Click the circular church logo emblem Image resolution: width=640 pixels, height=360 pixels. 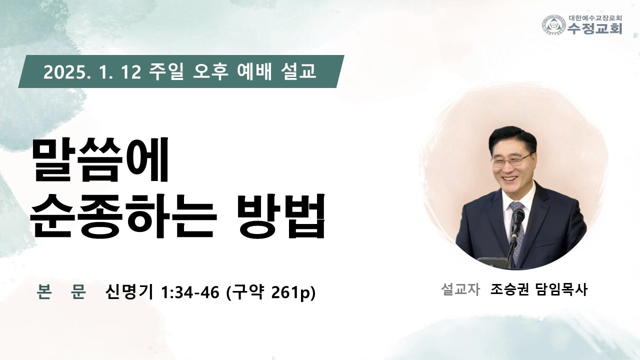click(554, 25)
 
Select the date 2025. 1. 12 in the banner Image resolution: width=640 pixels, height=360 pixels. click(92, 71)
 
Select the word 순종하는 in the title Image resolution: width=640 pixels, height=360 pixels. click(123, 216)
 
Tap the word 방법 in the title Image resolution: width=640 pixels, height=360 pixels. click(281, 216)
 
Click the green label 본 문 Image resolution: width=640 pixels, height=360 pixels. click(61, 291)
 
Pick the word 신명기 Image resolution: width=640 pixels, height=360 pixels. click(129, 291)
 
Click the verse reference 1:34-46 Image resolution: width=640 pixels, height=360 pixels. click(190, 292)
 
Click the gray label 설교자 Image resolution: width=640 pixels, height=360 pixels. click(460, 289)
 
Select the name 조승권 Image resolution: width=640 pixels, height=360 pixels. click(509, 289)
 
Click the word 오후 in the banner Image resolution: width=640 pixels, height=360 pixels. click(210, 71)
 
